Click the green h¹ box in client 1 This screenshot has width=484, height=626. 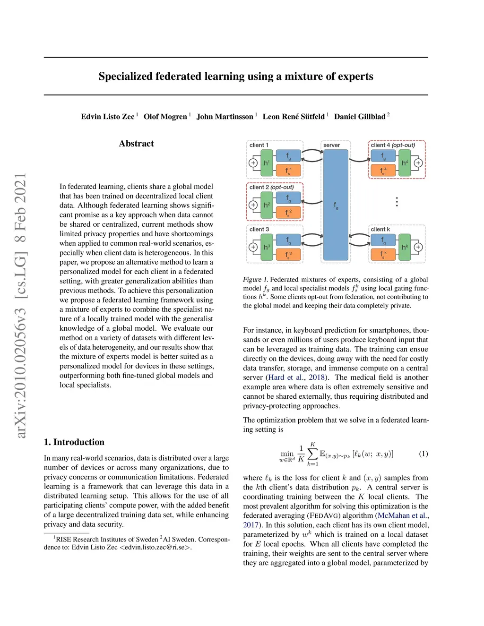pyautogui.click(x=267, y=163)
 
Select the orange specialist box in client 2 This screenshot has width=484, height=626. pyautogui.click(x=288, y=213)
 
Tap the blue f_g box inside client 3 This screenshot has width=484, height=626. pyautogui.click(x=288, y=240)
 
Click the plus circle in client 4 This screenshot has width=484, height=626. pyautogui.click(x=418, y=163)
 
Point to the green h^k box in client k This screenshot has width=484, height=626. pyautogui.click(x=405, y=247)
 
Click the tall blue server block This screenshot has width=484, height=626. pyautogui.click(x=336, y=205)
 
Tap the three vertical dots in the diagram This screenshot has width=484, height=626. pyautogui.click(x=397, y=202)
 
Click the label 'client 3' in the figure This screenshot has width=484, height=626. pyautogui.click(x=259, y=230)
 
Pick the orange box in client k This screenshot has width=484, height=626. pyautogui.click(x=383, y=255)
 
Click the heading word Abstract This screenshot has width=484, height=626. pyautogui.click(x=136, y=144)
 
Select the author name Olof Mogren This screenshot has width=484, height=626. pyautogui.click(x=165, y=117)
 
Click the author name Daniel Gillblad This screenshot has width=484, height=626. pyautogui.click(x=360, y=117)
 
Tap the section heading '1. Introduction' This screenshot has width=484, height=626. pyautogui.click(x=74, y=442)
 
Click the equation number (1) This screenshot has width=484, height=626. pyautogui.click(x=423, y=454)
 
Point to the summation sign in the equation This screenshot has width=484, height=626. pyautogui.click(x=313, y=454)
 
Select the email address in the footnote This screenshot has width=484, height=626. pyautogui.click(x=155, y=548)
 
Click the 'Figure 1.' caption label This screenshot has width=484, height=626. pyautogui.click(x=255, y=280)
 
